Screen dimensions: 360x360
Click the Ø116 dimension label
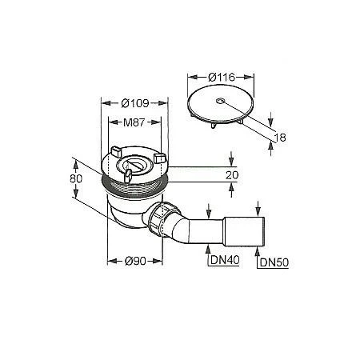[x=222, y=77]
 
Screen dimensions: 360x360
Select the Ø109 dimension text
[x=135, y=103]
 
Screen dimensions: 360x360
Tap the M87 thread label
[x=134, y=122]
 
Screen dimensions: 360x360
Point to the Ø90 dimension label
[x=135, y=261]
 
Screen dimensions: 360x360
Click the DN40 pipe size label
[x=225, y=260]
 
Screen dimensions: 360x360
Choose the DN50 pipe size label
[x=274, y=262]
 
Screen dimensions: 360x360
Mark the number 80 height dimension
[x=76, y=178]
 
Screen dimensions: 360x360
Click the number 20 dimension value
[x=232, y=175]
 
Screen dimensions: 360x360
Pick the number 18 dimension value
[x=280, y=138]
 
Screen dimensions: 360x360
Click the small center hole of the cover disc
[x=220, y=101]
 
